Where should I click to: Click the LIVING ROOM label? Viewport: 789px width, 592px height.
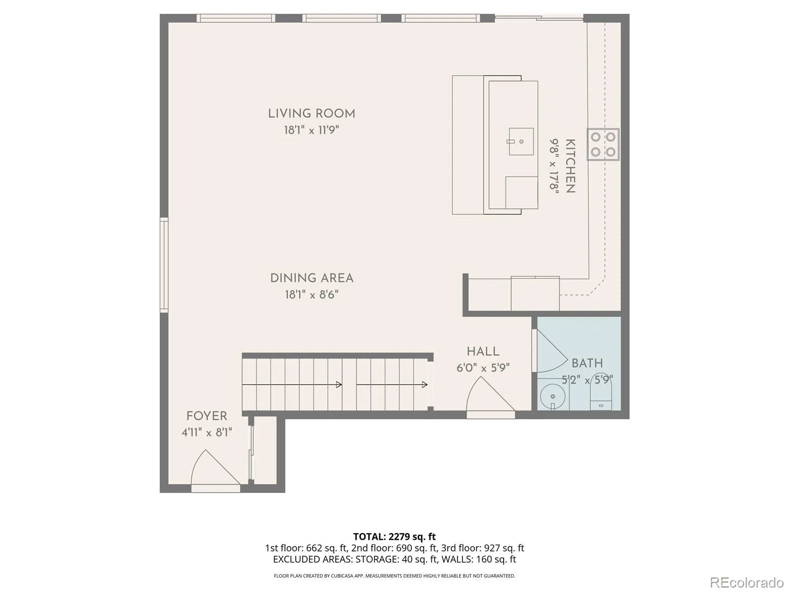pyautogui.click(x=311, y=114)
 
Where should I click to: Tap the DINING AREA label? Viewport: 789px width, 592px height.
pyautogui.click(x=312, y=278)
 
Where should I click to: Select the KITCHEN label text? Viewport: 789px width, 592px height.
pyautogui.click(x=571, y=166)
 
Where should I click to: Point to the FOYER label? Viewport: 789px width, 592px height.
pyautogui.click(x=207, y=416)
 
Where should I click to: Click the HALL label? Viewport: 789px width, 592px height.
pyautogui.click(x=483, y=351)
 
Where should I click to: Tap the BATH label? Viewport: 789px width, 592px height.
pyautogui.click(x=587, y=363)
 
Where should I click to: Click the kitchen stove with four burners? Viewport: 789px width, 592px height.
pyautogui.click(x=603, y=144)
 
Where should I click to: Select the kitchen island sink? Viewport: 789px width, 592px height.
pyautogui.click(x=520, y=141)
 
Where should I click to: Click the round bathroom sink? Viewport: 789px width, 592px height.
pyautogui.click(x=553, y=397)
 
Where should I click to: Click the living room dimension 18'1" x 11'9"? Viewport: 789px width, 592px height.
pyautogui.click(x=311, y=130)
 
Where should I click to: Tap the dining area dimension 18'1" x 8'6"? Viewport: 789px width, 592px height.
pyautogui.click(x=312, y=295)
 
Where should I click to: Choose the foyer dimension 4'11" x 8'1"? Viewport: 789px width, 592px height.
pyautogui.click(x=207, y=432)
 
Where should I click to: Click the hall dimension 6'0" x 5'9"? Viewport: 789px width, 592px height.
pyautogui.click(x=483, y=368)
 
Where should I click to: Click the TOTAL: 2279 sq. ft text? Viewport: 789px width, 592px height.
pyautogui.click(x=394, y=537)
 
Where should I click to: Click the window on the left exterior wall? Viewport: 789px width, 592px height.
pyautogui.click(x=164, y=265)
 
